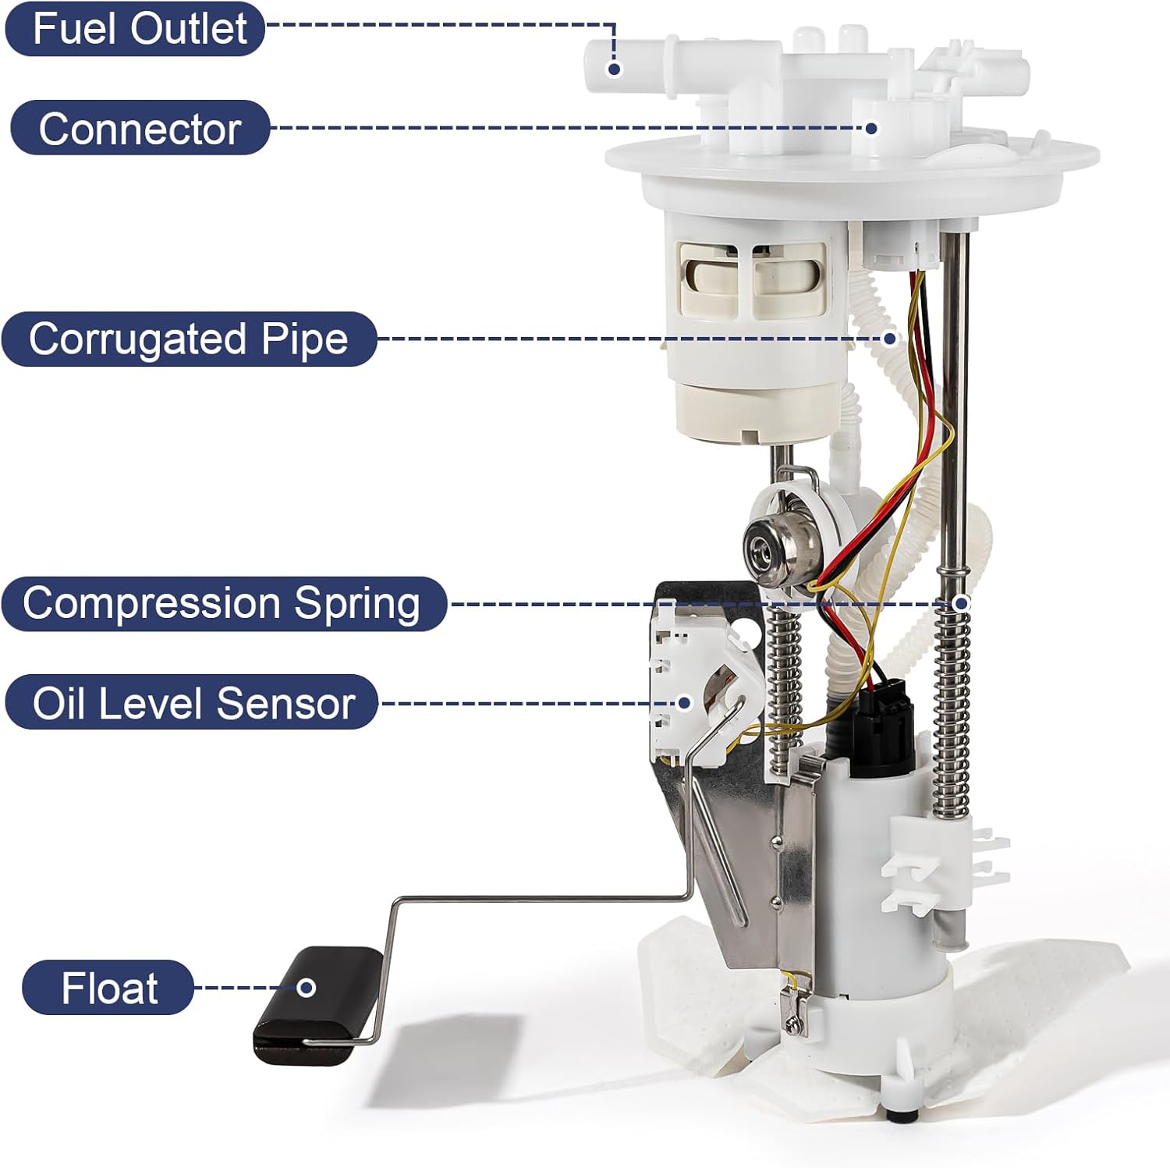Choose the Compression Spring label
point(223,603)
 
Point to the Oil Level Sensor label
point(192,702)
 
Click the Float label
point(108,988)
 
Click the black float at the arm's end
point(316,1006)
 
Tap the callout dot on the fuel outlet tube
point(614,69)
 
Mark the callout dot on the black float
point(307,988)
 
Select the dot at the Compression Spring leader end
point(961,603)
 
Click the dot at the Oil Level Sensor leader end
point(684,702)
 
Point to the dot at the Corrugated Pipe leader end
point(890,339)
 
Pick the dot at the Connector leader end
point(871,128)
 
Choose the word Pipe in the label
point(304,339)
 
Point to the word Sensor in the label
point(285,703)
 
